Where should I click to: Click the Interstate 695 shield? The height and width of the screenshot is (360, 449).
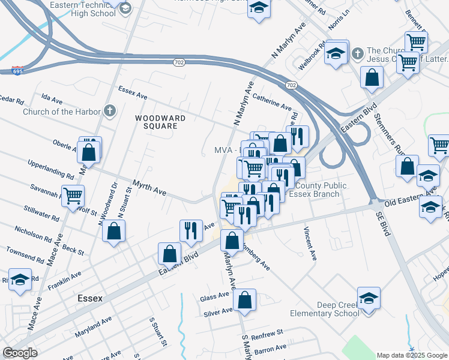point(17,71)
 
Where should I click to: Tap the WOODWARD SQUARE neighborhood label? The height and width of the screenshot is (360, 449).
point(156,122)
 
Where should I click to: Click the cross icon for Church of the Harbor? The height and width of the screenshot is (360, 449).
point(109,110)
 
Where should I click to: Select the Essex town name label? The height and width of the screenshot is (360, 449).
point(90,298)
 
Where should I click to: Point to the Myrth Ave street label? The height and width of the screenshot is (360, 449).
point(149,190)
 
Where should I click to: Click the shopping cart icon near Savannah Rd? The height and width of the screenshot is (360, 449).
point(73,195)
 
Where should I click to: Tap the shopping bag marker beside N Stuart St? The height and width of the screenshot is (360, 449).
point(114,231)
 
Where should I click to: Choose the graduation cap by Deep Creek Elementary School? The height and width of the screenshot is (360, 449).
point(368,297)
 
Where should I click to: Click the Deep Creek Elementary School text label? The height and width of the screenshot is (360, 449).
point(324,309)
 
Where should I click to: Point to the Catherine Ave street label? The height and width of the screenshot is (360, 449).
point(272,100)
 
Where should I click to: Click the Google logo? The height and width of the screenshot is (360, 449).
point(20,353)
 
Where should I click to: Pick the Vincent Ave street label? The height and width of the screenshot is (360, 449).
point(310,243)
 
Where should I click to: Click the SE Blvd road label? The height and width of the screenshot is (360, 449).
point(383,223)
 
